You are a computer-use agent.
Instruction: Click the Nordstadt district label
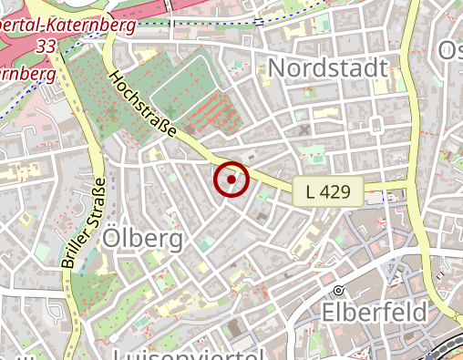click(x=328, y=68)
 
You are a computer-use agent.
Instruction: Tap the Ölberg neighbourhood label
click(x=143, y=239)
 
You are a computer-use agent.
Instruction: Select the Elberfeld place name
click(x=375, y=313)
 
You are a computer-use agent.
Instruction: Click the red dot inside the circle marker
click(x=231, y=180)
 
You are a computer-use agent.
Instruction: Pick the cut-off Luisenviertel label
click(x=188, y=354)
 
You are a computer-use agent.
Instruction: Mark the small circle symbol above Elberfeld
click(x=338, y=290)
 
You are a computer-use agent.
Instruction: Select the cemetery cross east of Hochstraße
click(x=170, y=111)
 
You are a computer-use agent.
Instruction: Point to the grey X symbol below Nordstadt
click(x=304, y=130)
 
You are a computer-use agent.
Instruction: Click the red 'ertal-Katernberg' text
click(x=68, y=26)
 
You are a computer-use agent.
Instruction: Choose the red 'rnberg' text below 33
click(x=23, y=72)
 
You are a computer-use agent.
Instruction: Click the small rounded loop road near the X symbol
click(x=376, y=125)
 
